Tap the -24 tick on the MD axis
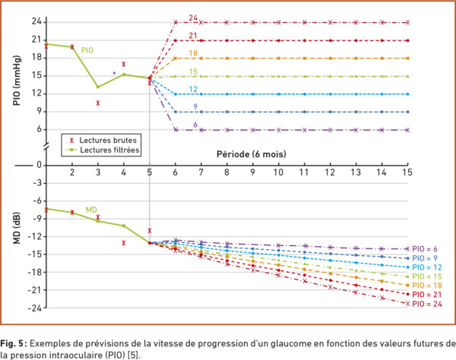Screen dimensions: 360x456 33,308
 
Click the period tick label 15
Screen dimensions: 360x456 408,173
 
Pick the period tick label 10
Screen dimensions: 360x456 278,173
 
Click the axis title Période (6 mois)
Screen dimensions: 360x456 252,154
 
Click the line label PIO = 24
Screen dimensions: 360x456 426,304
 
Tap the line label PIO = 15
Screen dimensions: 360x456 426,276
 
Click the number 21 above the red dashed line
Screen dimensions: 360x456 194,35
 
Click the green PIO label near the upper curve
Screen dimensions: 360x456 87,50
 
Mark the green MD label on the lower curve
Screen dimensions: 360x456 90,209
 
